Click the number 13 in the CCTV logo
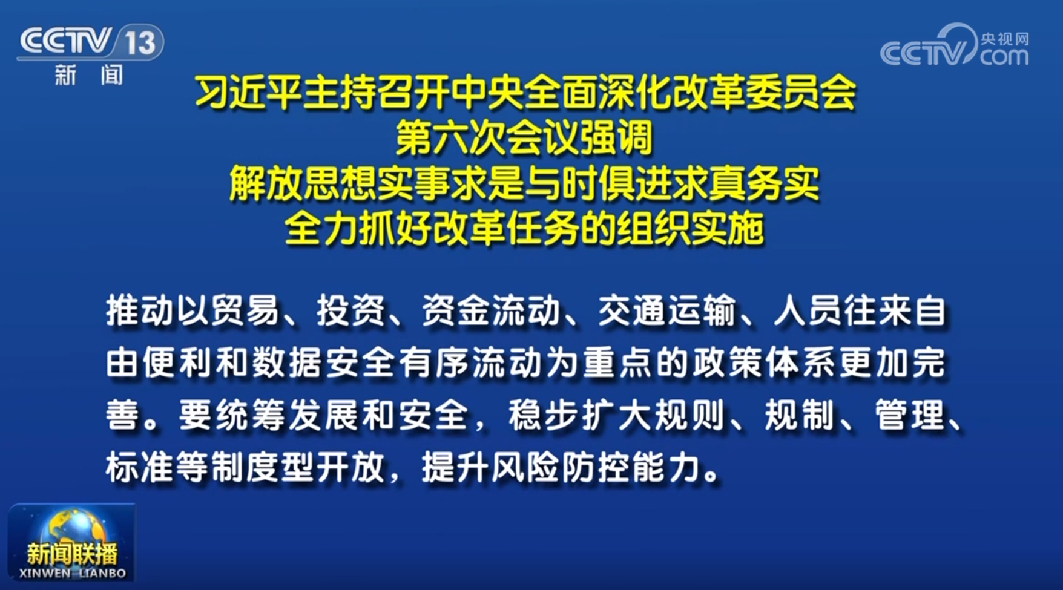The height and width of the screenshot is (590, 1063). (140, 42)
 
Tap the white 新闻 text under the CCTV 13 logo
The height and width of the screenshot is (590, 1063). (88, 75)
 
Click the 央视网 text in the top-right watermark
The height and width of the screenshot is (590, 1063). (1005, 39)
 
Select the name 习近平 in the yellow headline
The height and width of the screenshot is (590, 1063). (249, 93)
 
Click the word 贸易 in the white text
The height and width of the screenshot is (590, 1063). (245, 311)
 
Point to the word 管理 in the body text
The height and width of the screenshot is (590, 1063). (909, 415)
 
